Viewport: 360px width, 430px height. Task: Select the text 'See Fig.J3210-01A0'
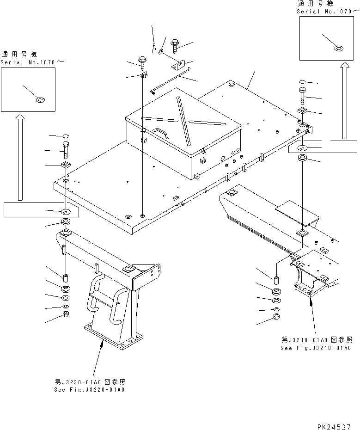[316, 348]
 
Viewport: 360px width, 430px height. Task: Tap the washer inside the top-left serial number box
[40, 99]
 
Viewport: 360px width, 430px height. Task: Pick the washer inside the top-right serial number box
[338, 48]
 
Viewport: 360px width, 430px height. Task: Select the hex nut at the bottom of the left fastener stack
[66, 316]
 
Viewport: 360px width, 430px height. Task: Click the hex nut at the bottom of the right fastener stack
[276, 317]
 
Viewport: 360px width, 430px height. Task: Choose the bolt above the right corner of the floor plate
[302, 96]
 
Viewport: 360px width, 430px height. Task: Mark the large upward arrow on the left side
[20, 157]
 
